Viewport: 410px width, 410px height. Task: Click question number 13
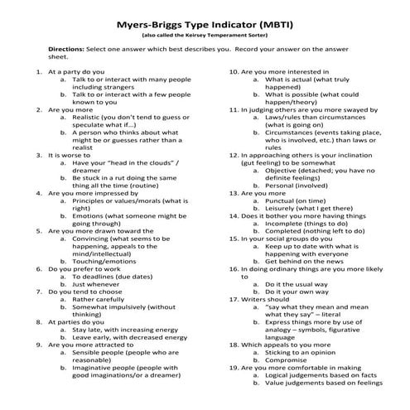point(233,215)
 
